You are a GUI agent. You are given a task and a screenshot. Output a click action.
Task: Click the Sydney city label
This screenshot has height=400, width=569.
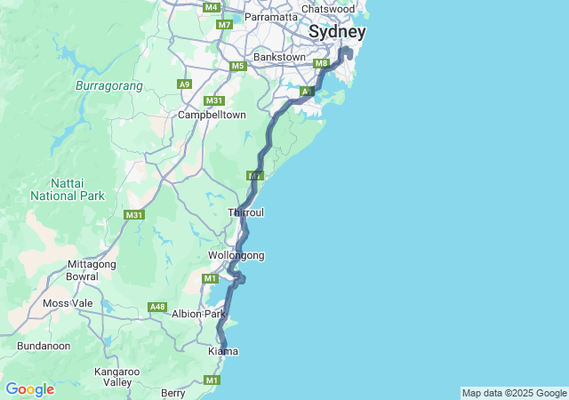click(337, 32)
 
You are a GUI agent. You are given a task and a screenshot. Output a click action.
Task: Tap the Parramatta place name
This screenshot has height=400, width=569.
click(271, 17)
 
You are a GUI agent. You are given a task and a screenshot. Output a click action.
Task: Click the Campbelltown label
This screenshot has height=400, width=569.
click(212, 115)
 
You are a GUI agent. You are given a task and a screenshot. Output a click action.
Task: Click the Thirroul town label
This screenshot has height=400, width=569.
click(245, 212)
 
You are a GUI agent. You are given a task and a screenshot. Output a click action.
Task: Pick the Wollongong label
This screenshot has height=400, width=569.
click(236, 255)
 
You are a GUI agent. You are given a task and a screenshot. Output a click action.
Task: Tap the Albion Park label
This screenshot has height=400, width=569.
click(199, 314)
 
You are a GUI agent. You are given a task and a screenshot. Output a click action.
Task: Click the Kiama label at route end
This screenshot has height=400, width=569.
click(222, 351)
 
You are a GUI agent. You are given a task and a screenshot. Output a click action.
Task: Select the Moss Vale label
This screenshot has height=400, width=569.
click(68, 303)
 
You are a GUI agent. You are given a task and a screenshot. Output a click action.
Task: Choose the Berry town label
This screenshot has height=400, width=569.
click(172, 392)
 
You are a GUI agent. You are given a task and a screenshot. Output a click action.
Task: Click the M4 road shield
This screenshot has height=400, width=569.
click(211, 7)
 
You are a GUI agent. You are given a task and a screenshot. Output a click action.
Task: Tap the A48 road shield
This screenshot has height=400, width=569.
click(157, 307)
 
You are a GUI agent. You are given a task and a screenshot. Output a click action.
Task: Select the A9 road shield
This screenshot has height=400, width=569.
click(184, 84)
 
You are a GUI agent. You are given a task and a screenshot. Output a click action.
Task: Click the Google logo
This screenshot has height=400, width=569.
click(29, 389)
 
